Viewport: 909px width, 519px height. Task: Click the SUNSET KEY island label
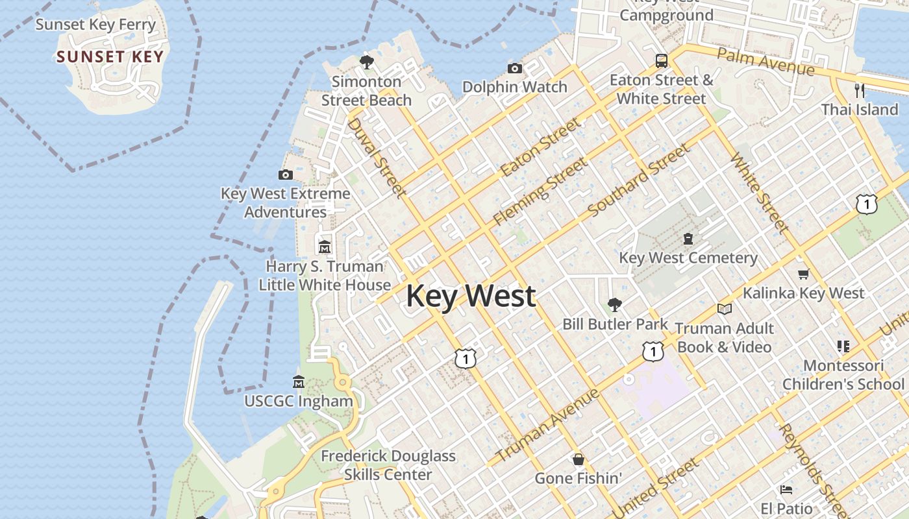(110, 56)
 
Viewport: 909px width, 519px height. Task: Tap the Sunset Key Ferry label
(95, 25)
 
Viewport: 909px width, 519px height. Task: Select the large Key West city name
(471, 296)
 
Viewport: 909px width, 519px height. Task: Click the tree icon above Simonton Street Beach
(367, 62)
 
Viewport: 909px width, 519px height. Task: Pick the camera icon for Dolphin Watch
(514, 68)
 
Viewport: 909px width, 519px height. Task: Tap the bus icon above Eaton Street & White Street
(661, 61)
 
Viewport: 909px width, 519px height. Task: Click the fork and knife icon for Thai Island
(860, 90)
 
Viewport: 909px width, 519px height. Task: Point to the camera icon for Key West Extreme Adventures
(285, 175)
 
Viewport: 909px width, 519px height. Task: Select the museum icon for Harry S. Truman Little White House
(325, 247)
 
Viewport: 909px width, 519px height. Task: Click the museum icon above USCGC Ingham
(299, 381)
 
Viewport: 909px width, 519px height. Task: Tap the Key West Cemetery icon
(688, 239)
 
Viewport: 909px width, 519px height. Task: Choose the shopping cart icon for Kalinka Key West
(803, 274)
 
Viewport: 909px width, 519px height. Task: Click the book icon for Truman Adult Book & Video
(725, 309)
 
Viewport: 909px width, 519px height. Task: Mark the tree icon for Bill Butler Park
(614, 304)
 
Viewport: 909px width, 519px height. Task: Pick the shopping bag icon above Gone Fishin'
(579, 459)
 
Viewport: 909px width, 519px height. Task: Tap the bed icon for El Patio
(787, 489)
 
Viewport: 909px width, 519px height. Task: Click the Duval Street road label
(377, 157)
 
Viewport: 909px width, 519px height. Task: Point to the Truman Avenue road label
(548, 425)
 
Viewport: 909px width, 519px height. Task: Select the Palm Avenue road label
(766, 61)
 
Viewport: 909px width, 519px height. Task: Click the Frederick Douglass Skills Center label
(388, 465)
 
